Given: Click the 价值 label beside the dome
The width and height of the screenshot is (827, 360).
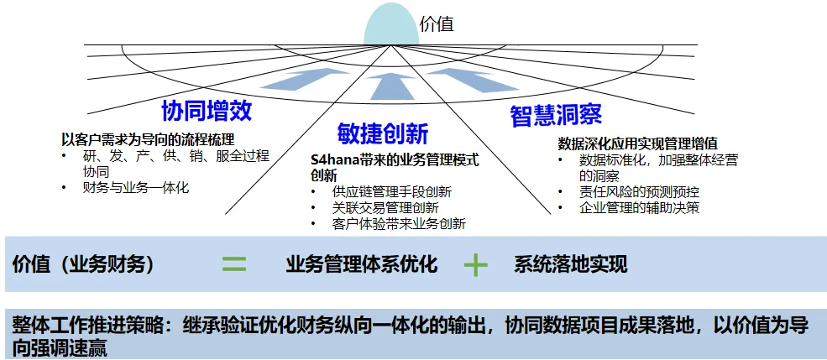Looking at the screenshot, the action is click(x=437, y=24).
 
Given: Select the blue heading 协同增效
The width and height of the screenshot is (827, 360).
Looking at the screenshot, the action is click(x=207, y=111).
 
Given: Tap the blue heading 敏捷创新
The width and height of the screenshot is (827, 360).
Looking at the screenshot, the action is click(x=383, y=133).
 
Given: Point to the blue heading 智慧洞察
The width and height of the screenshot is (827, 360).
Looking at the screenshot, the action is click(x=555, y=115).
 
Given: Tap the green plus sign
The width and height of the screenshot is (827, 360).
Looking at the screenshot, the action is click(x=476, y=265).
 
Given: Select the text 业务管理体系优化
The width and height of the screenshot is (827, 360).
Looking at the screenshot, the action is click(x=362, y=265).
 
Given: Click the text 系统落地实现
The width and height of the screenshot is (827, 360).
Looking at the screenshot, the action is click(x=570, y=265).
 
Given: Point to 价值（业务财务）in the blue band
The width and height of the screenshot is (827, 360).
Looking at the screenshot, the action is click(x=83, y=265).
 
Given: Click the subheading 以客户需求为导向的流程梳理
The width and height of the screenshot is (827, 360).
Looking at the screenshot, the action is click(x=147, y=139).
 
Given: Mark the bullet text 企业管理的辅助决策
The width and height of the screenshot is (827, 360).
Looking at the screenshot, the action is click(x=639, y=207).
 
